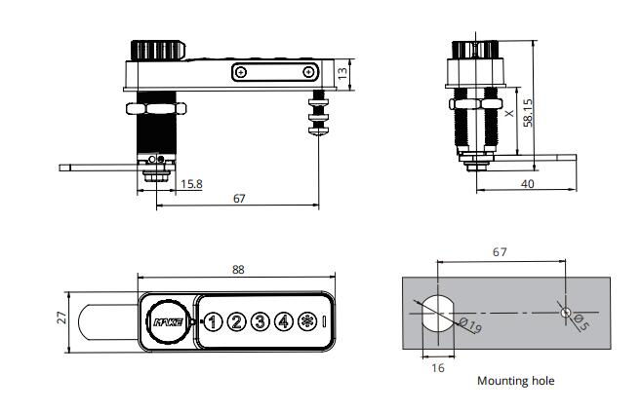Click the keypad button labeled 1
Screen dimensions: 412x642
213,320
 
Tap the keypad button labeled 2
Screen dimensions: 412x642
236,320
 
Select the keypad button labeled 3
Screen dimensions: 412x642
260,320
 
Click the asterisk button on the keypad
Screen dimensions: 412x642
307,320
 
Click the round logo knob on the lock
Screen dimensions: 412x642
164,319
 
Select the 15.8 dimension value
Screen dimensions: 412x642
191,183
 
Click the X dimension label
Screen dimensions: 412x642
508,114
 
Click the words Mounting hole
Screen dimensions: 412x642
515,381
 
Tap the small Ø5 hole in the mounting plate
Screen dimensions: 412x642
565,312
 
